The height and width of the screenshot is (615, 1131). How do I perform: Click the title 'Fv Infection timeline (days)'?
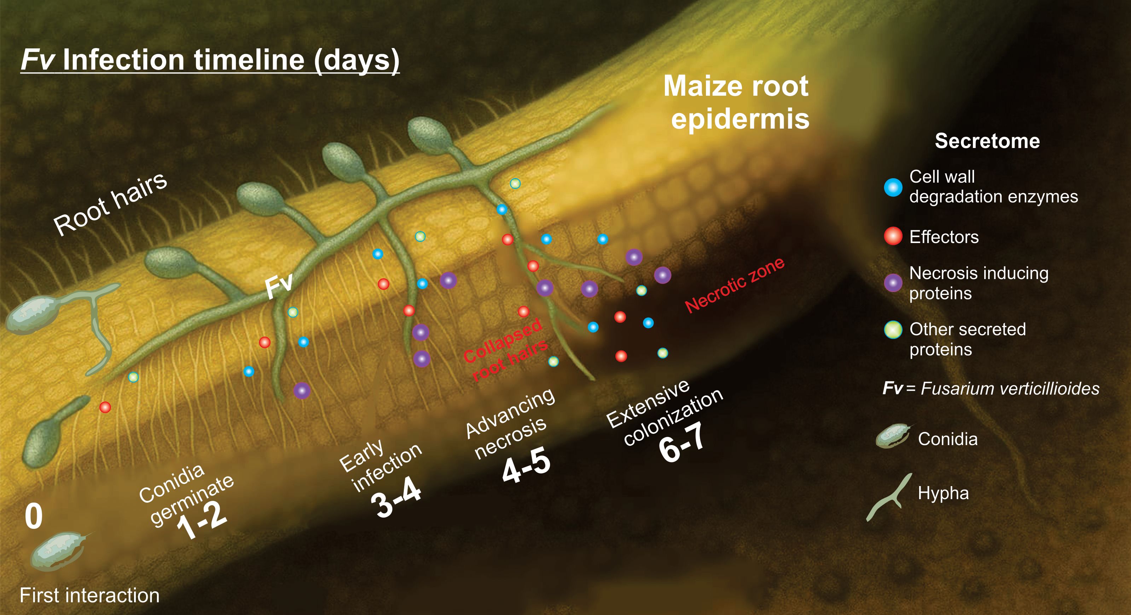click(x=210, y=60)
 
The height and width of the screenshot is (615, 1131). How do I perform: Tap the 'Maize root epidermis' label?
click(x=736, y=102)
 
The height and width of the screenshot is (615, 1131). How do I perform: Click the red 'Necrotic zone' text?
click(x=735, y=285)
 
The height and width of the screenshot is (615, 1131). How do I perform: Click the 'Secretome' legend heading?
click(x=987, y=141)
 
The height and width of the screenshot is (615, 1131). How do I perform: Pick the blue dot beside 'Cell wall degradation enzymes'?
click(x=893, y=187)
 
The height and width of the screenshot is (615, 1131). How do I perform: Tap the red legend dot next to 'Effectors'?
click(x=893, y=236)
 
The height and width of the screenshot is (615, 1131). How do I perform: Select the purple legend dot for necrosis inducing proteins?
click(x=893, y=283)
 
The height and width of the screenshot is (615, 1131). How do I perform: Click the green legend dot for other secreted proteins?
click(x=893, y=330)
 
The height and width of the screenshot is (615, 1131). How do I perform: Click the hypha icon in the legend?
click(x=885, y=497)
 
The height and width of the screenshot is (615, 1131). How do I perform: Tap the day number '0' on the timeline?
click(x=34, y=516)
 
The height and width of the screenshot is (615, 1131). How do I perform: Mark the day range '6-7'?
click(x=682, y=443)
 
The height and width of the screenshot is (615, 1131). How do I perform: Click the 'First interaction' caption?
click(x=89, y=596)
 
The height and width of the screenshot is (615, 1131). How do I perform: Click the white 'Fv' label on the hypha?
click(x=279, y=285)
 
